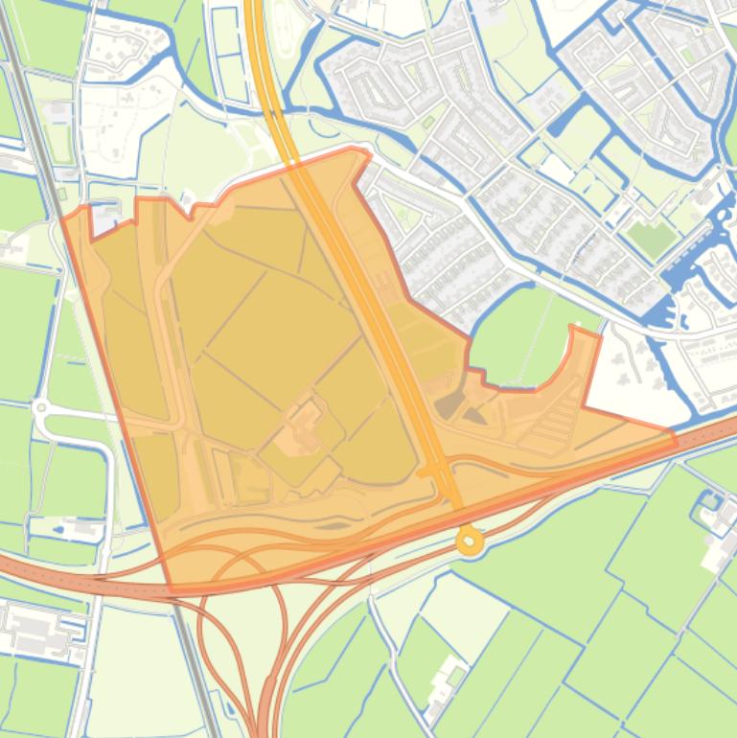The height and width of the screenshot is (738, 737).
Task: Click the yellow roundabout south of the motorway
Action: click(470, 542)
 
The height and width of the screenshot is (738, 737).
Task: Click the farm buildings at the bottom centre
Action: click(445, 682)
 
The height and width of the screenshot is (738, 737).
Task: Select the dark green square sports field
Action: click(653, 238)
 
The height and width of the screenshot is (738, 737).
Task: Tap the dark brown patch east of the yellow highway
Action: click(449, 406)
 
